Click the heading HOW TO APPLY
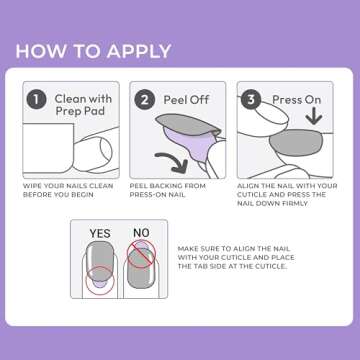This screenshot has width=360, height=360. (x=93, y=51)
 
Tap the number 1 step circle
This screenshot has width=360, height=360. (x=36, y=100)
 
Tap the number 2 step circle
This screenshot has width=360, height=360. (x=144, y=100)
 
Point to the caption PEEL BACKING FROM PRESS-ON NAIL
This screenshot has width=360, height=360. (x=177, y=190)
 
